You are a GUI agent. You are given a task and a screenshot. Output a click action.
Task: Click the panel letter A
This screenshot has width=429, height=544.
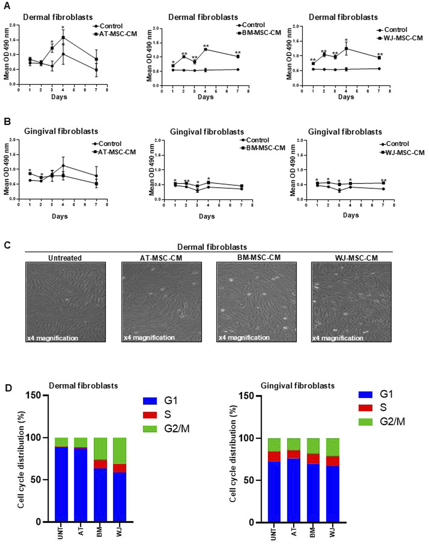[7, 6]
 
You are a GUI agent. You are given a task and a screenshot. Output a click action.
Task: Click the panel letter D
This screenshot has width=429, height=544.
[8, 388]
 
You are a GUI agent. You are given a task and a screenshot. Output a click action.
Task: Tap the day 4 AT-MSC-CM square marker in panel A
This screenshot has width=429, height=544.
[63, 37]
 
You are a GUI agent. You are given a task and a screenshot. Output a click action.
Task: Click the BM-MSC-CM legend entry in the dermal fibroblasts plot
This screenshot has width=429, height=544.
[259, 33]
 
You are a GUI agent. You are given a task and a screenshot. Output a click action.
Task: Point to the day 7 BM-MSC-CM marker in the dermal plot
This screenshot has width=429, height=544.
[238, 57]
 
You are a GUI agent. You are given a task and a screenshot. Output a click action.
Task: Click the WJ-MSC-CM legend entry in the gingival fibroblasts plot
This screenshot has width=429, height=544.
[402, 152]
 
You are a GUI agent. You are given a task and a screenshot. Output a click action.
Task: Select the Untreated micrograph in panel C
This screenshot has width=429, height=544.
[66, 302]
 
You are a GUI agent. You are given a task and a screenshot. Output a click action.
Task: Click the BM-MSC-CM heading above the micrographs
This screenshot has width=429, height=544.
[259, 257]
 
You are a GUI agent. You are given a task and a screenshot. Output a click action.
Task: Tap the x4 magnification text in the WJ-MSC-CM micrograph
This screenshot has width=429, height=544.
[338, 338]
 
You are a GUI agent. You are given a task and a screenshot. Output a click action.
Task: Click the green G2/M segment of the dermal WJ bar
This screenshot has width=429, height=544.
[119, 451]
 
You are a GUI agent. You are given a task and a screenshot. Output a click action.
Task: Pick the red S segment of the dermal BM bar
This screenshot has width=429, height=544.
[100, 464]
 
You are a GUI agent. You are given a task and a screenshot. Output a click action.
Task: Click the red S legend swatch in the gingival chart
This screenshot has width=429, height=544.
[365, 408]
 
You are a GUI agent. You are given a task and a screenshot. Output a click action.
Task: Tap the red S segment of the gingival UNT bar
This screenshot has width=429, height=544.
[274, 456]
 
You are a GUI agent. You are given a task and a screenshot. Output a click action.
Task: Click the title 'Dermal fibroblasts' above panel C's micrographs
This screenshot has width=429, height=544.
[212, 247]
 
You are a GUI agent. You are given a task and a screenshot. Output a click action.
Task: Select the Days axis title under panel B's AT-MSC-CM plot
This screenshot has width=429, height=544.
[60, 216]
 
